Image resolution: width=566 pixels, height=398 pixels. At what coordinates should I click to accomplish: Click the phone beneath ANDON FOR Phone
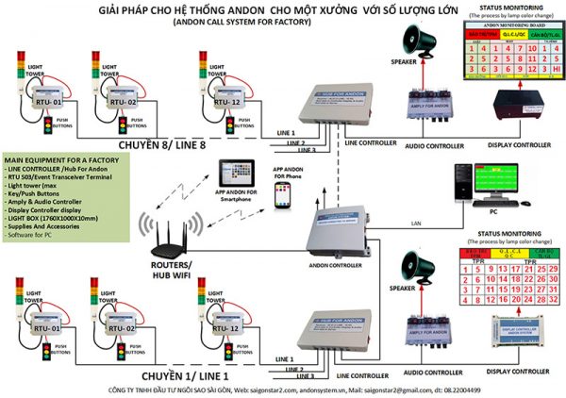[281, 195]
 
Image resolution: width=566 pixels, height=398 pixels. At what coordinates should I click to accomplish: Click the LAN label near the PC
[390, 223]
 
